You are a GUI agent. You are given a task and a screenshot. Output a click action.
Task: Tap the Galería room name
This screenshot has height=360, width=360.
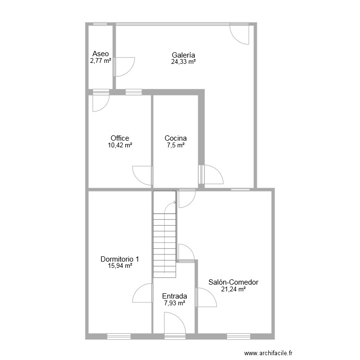click(x=183, y=55)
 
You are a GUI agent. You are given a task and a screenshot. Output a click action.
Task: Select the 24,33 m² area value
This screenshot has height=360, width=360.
click(x=183, y=61)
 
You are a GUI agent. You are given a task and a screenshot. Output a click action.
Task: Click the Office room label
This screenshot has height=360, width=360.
click(x=120, y=138)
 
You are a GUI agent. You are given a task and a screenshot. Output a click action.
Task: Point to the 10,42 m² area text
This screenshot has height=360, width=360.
click(x=120, y=145)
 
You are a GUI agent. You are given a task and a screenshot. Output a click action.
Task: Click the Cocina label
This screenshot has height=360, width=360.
click(x=176, y=138)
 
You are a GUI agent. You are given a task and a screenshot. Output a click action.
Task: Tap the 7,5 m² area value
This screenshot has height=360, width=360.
click(x=176, y=145)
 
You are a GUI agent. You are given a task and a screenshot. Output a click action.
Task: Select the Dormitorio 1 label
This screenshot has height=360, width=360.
click(x=120, y=259)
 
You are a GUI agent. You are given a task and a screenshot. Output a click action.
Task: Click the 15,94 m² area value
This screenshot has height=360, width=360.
click(x=120, y=266)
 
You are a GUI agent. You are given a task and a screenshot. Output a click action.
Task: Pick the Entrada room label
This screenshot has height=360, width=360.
click(x=175, y=296)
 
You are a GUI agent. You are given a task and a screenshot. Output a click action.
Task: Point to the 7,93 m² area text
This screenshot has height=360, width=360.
click(x=175, y=303)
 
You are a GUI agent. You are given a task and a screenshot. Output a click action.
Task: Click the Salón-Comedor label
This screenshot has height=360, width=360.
click(x=233, y=282)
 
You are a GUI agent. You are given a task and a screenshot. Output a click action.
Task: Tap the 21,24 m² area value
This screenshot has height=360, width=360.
click(x=233, y=289)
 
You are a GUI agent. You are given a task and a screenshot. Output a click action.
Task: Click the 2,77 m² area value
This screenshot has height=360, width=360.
click(x=101, y=61)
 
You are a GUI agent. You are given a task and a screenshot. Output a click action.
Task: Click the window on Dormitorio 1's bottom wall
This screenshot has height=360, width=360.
click(x=119, y=336)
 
